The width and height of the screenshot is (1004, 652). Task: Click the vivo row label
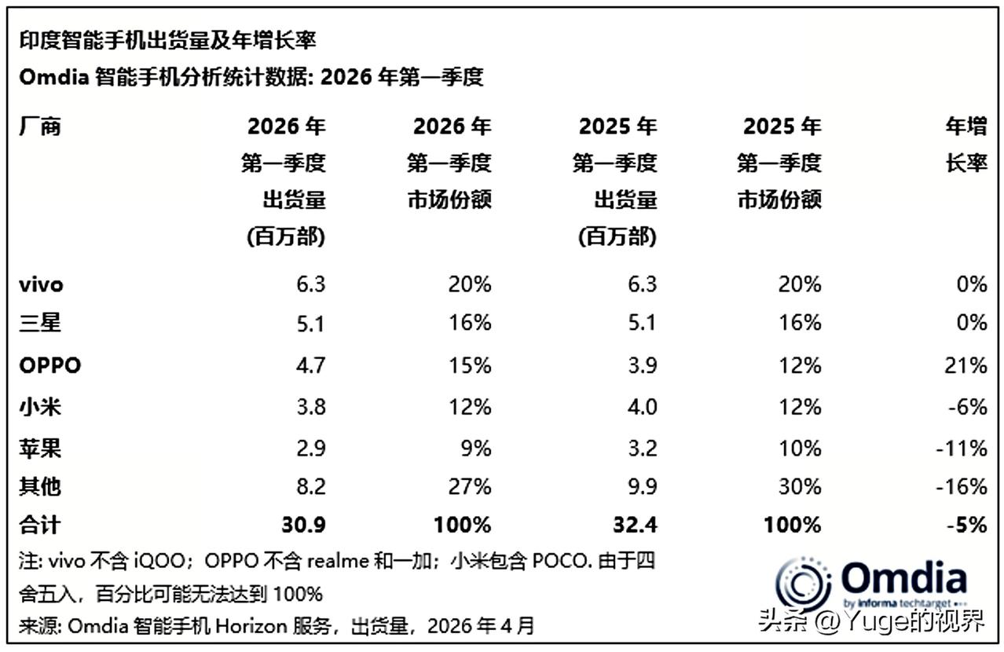coord(41,284)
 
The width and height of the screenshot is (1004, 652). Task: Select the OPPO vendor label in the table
coord(49,365)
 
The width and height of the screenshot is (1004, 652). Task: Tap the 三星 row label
coord(40,323)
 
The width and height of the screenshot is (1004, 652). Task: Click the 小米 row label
coord(40,406)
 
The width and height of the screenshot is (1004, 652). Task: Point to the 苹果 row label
coord(40,448)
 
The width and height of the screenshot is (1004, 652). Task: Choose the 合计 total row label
coord(40,524)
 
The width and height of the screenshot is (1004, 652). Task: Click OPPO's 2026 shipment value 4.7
coord(310,365)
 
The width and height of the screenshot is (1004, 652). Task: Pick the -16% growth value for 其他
coord(963,486)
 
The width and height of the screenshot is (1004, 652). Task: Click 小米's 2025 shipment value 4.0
coord(640,406)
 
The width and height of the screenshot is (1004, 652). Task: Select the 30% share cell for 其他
coord(802,486)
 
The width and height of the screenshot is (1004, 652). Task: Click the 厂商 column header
coord(40,126)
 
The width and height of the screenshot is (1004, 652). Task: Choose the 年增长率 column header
coord(966,145)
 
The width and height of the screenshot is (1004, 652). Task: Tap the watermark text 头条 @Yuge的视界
coord(871,623)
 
